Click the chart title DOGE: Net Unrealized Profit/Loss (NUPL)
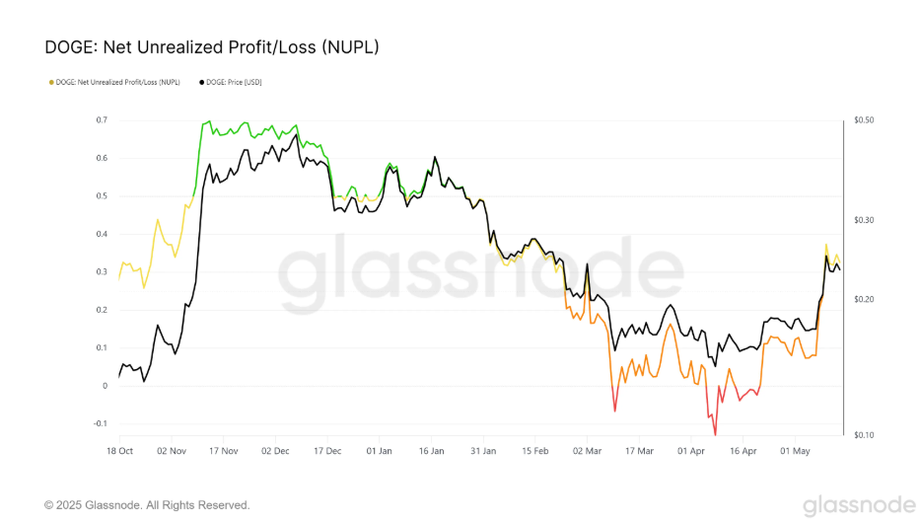[x=212, y=47]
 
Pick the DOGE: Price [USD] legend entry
[x=231, y=82]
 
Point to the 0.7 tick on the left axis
[x=102, y=120]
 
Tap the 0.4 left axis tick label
[x=102, y=234]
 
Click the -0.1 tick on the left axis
[x=100, y=424]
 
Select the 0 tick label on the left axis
[x=105, y=386]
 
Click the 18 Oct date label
[x=119, y=451]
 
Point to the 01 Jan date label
[x=379, y=451]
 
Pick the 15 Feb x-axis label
[x=534, y=451]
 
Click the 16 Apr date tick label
[x=742, y=451]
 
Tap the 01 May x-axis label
[x=794, y=451]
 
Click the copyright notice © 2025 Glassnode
[x=147, y=505]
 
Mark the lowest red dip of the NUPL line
[x=715, y=433]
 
